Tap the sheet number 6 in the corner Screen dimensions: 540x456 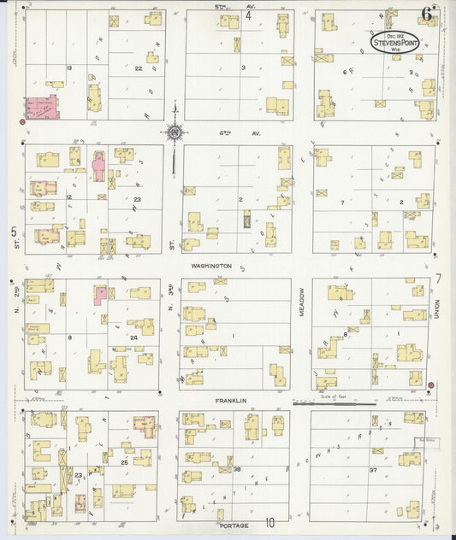tap(425, 13)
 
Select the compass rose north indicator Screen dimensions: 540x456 tap(175, 132)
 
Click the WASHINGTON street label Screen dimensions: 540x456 tap(211, 266)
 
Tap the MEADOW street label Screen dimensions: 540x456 tap(302, 308)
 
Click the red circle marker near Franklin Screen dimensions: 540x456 tap(430, 385)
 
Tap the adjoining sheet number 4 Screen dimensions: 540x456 tap(249, 15)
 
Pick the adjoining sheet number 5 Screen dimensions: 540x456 tap(14, 231)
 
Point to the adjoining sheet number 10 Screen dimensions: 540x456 tap(269, 524)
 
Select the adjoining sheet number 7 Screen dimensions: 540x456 tap(437, 279)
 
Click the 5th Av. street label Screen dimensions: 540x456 tap(228, 6)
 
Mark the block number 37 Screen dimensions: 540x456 tap(373, 470)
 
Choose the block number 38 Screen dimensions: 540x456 tap(237, 469)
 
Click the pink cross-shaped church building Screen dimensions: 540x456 tap(98, 167)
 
